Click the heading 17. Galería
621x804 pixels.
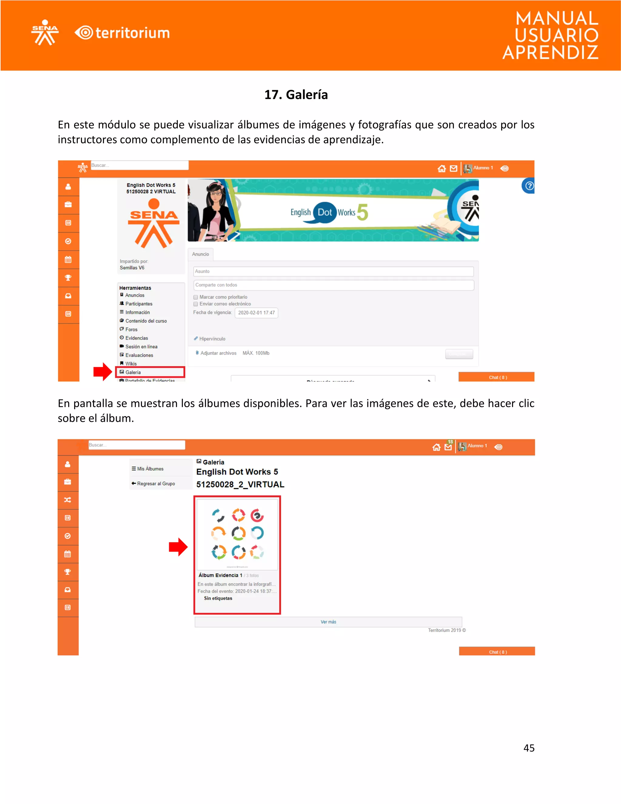coord(296,95)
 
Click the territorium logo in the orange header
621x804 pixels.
coord(123,33)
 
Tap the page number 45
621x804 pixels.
coord(529,748)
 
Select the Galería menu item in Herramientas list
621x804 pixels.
coord(133,372)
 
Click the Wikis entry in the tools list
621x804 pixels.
coord(131,364)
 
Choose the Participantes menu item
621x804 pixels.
coord(138,304)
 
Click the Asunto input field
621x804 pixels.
coord(333,271)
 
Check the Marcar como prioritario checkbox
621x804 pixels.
coord(196,297)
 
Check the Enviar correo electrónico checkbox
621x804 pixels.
coord(196,304)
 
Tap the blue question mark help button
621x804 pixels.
coord(529,186)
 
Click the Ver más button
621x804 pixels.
coord(328,622)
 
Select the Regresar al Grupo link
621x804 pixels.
coord(156,483)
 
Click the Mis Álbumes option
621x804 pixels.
coord(150,469)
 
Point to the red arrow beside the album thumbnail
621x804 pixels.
coord(178,547)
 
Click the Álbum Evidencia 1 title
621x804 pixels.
coord(220,575)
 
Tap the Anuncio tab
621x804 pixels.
coord(200,254)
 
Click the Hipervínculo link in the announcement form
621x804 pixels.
coord(212,339)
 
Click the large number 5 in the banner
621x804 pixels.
coord(362,212)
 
